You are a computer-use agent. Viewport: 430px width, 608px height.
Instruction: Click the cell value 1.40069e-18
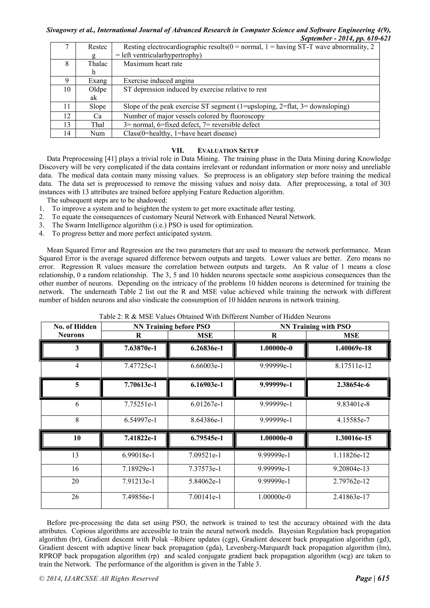point(353,348)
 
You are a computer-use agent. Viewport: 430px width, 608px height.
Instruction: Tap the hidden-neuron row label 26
point(75,497)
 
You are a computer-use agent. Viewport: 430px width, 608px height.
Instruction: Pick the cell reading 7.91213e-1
point(139,481)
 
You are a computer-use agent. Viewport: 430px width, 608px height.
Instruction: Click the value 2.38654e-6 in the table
point(353,385)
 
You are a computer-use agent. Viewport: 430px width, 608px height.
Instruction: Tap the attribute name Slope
point(97,106)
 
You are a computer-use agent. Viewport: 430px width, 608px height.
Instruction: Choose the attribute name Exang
point(97,81)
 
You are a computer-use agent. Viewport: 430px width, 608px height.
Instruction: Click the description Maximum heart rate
point(153,64)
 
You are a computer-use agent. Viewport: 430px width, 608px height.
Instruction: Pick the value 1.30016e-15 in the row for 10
point(353,438)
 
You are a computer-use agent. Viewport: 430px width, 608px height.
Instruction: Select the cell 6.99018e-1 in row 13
point(139,455)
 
